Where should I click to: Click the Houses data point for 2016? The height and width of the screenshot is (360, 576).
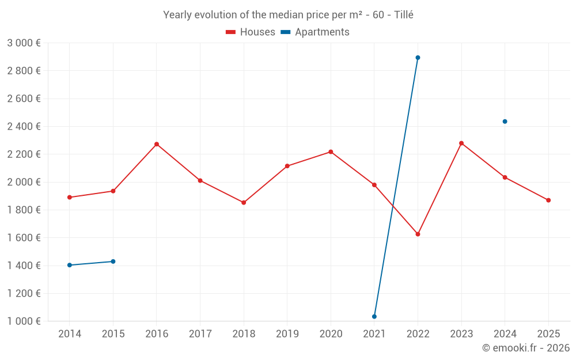[x=157, y=144]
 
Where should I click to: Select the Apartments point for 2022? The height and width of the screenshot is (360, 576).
[x=418, y=58]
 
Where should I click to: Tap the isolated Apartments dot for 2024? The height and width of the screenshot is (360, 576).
[x=505, y=122]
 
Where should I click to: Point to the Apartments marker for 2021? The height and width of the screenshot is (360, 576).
[x=374, y=316]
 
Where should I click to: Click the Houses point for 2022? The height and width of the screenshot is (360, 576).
[x=418, y=234]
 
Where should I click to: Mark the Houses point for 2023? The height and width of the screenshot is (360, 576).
[x=461, y=143]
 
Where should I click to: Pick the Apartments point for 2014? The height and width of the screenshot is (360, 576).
[x=70, y=265]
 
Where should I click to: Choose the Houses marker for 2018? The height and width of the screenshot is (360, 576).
[x=244, y=203]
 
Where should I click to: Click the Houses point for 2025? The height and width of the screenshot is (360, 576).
[x=548, y=200]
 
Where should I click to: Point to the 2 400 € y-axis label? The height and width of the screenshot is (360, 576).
[x=24, y=126]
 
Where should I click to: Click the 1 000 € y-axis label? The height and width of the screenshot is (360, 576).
[x=24, y=321]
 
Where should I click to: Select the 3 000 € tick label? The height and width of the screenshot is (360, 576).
[x=24, y=43]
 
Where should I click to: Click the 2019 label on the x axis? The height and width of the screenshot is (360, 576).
[x=287, y=334]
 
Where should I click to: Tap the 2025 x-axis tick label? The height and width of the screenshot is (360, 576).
[x=548, y=334]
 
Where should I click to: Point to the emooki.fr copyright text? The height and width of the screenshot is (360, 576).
[x=526, y=348]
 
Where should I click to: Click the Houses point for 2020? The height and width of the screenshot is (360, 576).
[x=331, y=151]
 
